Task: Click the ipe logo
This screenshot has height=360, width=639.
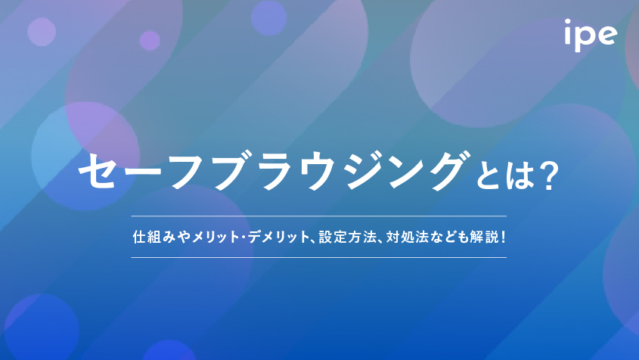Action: pyautogui.click(x=591, y=35)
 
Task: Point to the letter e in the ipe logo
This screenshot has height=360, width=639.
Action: pyautogui.click(x=607, y=35)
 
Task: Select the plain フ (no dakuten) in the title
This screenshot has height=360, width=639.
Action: pyautogui.click(x=189, y=171)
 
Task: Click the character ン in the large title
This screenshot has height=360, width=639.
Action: pyautogui.click(x=408, y=171)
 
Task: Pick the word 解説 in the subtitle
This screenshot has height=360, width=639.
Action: pyautogui.click(x=484, y=237)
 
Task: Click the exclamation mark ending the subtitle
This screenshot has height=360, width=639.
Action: pyautogui.click(x=504, y=237)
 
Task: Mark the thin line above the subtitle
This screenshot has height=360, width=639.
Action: pyautogui.click(x=318, y=216)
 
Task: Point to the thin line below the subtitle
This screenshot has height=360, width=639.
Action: pyautogui.click(x=318, y=257)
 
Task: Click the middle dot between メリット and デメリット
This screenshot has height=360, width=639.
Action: pyautogui.click(x=244, y=237)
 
